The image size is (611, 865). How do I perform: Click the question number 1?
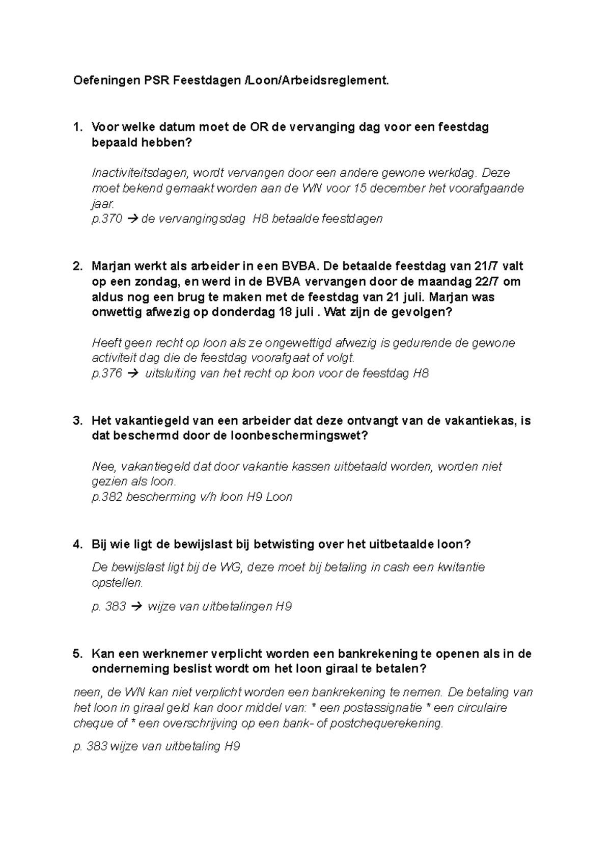[77, 127]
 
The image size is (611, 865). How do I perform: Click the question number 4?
[77, 544]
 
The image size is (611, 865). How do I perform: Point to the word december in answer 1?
[396, 188]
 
